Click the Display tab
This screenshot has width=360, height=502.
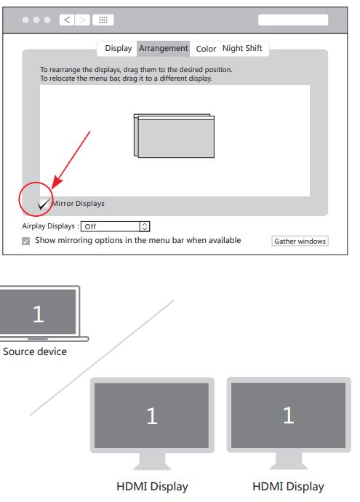pos(118,49)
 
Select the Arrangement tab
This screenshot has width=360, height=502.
pos(163,49)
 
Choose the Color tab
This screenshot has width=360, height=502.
pos(206,49)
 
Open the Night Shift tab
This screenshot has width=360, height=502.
pos(242,49)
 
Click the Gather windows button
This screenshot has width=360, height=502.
pos(300,241)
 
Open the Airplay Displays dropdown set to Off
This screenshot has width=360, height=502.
pos(115,226)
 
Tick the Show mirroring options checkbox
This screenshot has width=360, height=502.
pos(26,241)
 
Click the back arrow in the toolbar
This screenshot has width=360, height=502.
pos(67,20)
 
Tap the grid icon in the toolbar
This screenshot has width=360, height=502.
pos(103,20)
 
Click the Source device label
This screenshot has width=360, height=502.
pos(35,352)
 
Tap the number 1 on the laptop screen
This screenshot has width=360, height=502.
pos(39,314)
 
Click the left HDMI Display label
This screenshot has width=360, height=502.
pos(152,486)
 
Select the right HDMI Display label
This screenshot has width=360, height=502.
pos(288,486)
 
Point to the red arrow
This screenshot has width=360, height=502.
pos(71,158)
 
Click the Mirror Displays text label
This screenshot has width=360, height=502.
pos(78,204)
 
